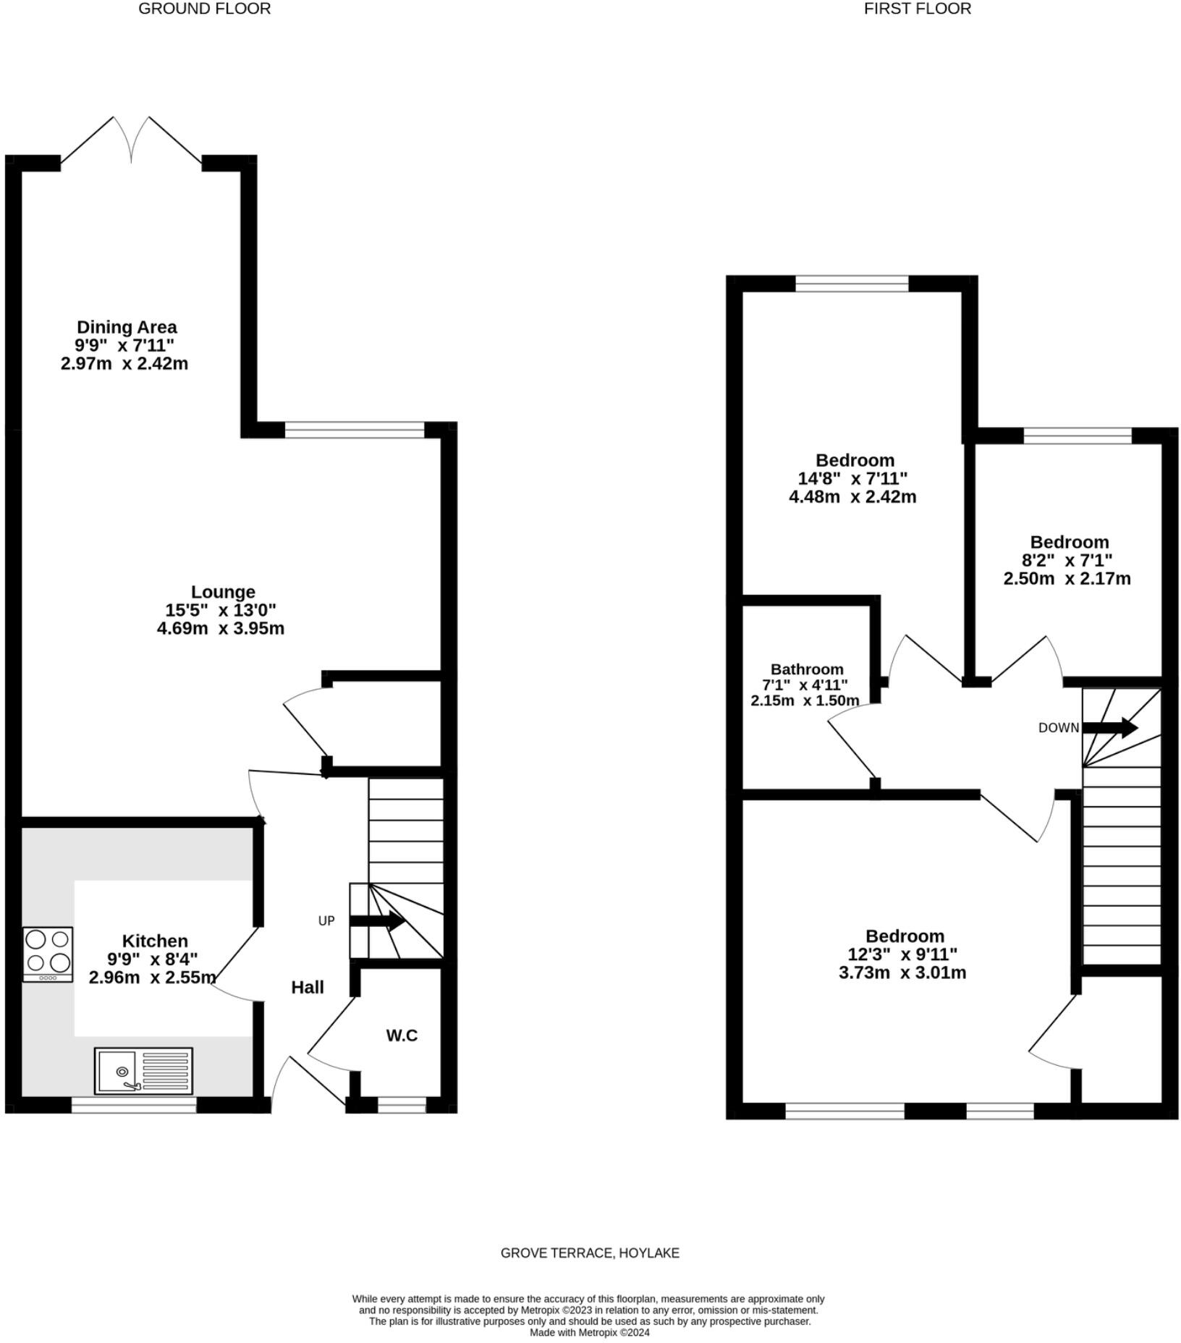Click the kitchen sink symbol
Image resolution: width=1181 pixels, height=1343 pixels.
tap(143, 1071)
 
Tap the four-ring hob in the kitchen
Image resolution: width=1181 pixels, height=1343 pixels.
tap(48, 954)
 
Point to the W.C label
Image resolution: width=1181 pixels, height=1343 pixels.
tap(402, 1035)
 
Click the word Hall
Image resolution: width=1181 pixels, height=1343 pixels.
tap(308, 988)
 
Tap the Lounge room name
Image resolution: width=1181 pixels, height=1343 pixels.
tap(223, 592)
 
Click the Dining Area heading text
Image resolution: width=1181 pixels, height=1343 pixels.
tap(127, 327)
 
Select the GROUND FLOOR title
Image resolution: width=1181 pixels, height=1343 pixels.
tap(205, 9)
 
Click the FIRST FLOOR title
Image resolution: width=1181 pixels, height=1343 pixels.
tap(917, 9)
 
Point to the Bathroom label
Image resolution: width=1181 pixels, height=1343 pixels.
tap(807, 669)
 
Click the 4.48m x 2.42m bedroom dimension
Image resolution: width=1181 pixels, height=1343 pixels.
tap(852, 497)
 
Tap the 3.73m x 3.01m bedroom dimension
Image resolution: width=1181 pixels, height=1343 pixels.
tap(902, 973)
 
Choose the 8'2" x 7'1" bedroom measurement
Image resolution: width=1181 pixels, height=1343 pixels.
tap(1067, 560)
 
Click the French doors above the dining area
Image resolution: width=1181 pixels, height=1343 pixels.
tap(131, 141)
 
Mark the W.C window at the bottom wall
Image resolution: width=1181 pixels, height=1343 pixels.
tap(402, 1105)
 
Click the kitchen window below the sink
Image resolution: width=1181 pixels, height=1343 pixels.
tap(134, 1105)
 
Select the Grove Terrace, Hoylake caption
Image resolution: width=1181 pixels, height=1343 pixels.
tap(590, 1253)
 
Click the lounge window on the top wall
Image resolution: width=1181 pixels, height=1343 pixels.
tap(355, 431)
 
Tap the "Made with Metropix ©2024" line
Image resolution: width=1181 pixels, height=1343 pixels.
tap(590, 1332)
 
